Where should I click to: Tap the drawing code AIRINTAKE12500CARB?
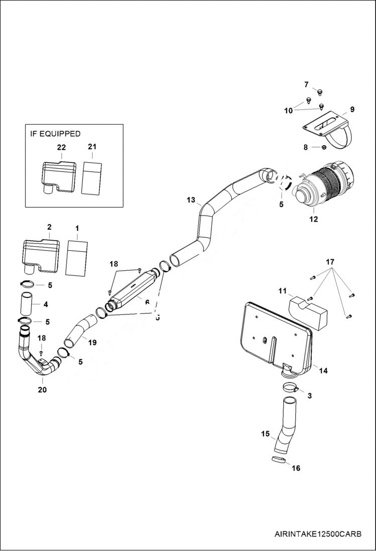click(x=318, y=533)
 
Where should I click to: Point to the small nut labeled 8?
click(x=323, y=147)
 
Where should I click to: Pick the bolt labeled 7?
click(x=320, y=91)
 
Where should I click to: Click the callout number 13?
click(x=191, y=199)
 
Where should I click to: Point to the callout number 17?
click(x=330, y=262)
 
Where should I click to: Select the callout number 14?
click(x=323, y=371)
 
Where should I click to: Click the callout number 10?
click(x=288, y=111)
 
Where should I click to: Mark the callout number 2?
click(x=49, y=227)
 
